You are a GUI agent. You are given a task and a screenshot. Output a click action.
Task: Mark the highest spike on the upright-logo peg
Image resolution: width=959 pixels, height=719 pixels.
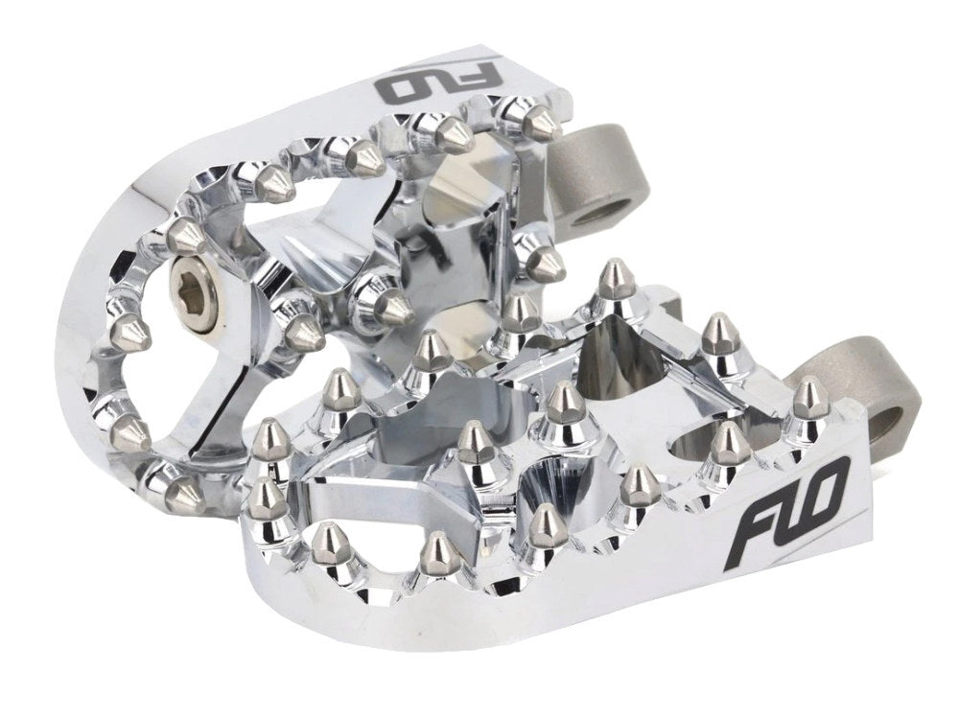point(609,281)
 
